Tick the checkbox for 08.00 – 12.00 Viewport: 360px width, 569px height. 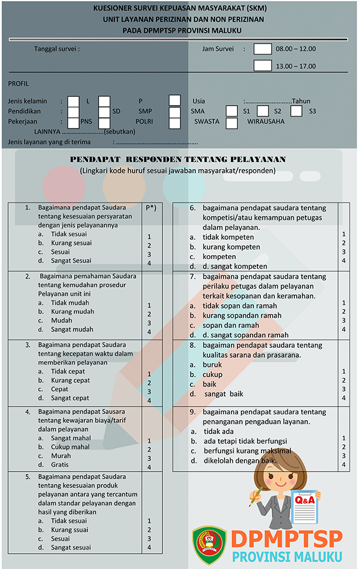[x=263, y=49]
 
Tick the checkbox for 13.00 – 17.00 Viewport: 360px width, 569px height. [x=263, y=66]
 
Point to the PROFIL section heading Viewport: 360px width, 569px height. [x=19, y=84]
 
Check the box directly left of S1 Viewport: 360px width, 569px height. [x=232, y=111]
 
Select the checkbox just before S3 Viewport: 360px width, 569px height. [x=297, y=111]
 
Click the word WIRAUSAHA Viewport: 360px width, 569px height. [x=266, y=122]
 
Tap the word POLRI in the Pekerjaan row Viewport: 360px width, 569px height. [x=145, y=122]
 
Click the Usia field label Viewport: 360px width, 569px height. [x=199, y=101]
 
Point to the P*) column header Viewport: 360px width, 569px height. [x=151, y=208]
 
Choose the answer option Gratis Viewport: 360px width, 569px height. [x=60, y=465]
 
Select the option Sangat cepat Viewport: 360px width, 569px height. [x=70, y=398]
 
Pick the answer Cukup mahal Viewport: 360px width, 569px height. [x=70, y=447]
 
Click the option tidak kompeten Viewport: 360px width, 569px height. [x=228, y=238]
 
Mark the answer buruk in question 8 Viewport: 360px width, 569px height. [x=212, y=364]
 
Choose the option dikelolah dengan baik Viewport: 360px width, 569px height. [x=239, y=461]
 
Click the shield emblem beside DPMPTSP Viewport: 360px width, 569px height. [x=209, y=545]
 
